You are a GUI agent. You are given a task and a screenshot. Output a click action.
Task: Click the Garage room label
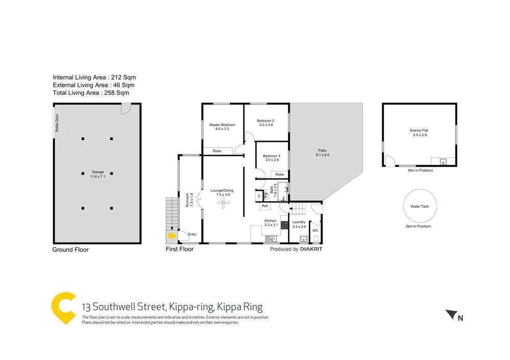97,174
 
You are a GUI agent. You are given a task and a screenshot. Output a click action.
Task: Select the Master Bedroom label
222,127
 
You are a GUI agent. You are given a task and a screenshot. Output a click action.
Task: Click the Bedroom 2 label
266,122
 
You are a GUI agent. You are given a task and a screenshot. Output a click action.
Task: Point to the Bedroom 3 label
271,158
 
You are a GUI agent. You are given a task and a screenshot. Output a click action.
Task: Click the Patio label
322,152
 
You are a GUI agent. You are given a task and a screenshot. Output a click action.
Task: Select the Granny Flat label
419,133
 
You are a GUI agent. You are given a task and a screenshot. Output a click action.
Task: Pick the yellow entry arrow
172,236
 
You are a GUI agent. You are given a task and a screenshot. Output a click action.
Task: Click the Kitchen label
270,223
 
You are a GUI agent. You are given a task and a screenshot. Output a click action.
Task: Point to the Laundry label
299,224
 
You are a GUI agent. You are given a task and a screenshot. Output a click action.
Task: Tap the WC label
315,230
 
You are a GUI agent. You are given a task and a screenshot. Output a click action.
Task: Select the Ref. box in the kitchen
265,206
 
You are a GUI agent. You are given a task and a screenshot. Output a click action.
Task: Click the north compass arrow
450,315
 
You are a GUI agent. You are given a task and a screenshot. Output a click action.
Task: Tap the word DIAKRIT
311,249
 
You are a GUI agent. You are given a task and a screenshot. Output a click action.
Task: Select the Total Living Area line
91,93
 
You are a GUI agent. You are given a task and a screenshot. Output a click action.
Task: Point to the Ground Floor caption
70,250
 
